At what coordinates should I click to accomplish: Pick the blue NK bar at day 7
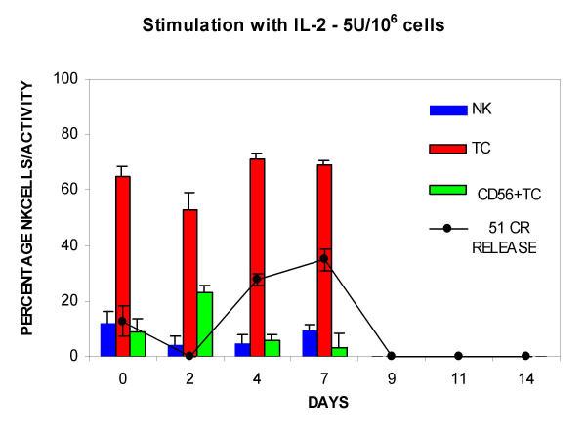[310, 343]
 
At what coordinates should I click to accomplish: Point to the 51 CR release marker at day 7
[324, 259]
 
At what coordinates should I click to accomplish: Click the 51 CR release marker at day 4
[257, 279]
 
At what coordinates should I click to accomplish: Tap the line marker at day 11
[458, 355]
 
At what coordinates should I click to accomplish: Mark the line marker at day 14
[525, 355]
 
